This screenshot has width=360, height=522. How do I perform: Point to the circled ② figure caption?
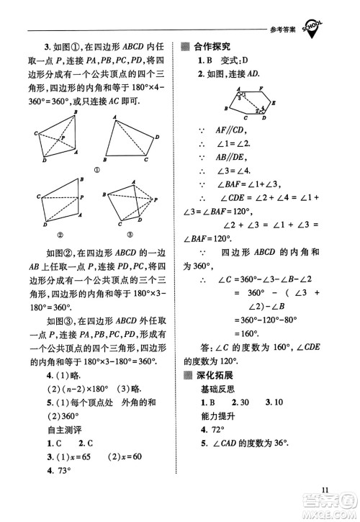61,233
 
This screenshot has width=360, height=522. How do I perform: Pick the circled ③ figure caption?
130,233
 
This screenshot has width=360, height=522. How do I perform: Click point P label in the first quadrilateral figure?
63,137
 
